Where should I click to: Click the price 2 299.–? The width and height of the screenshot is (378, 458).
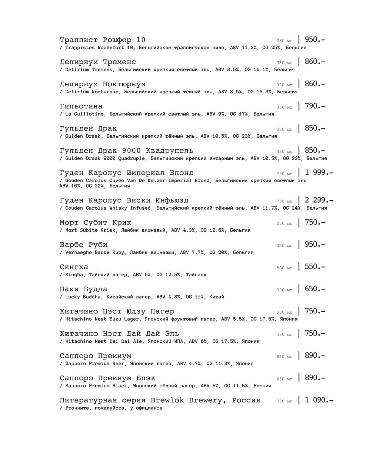[x=319, y=200]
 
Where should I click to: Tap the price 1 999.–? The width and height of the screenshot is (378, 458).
[x=319, y=173]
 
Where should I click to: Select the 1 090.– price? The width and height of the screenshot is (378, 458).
[x=319, y=400]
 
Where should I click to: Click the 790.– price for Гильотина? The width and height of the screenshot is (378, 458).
[x=315, y=106]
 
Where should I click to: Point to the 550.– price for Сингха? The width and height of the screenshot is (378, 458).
[x=315, y=267]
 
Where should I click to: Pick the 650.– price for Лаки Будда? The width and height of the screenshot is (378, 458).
[x=315, y=289]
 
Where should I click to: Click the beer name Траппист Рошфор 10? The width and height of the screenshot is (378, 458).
[x=102, y=40]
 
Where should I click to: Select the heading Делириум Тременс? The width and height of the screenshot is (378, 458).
[x=98, y=62]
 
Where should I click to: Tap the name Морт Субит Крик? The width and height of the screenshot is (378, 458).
[x=95, y=223]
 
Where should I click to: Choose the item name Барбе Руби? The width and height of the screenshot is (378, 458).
[x=83, y=245]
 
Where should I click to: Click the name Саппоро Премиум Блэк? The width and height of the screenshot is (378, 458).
[x=107, y=378]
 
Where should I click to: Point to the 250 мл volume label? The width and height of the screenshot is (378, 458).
[x=284, y=224]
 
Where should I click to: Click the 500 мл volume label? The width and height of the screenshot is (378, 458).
[x=284, y=268]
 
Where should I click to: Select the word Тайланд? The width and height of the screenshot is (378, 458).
[x=196, y=275]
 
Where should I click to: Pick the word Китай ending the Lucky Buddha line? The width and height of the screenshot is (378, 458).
[x=216, y=297]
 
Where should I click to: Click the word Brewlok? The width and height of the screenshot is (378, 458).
[x=167, y=401]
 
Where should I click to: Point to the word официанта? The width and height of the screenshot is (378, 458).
[x=149, y=408]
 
